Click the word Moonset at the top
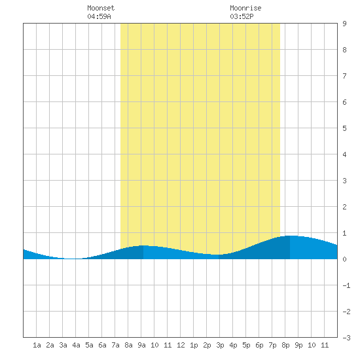tap(101, 8)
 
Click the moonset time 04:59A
tap(99, 16)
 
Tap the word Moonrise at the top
tap(245, 8)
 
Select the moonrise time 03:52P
tap(242, 16)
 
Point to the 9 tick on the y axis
tap(344, 24)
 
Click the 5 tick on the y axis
tap(344, 128)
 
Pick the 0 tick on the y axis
tap(344, 259)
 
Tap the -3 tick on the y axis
tap(346, 338)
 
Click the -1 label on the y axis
tap(346, 285)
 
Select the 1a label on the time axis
tap(37, 345)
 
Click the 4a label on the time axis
tap(76, 345)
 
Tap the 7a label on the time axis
tap(115, 345)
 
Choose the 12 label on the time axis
tap(181, 345)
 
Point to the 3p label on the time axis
tap(220, 345)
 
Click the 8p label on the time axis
tap(285, 345)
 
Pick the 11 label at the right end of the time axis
tap(325, 345)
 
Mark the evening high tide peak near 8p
tap(290, 236)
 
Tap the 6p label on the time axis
tap(259, 345)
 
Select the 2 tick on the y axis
tap(344, 207)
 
